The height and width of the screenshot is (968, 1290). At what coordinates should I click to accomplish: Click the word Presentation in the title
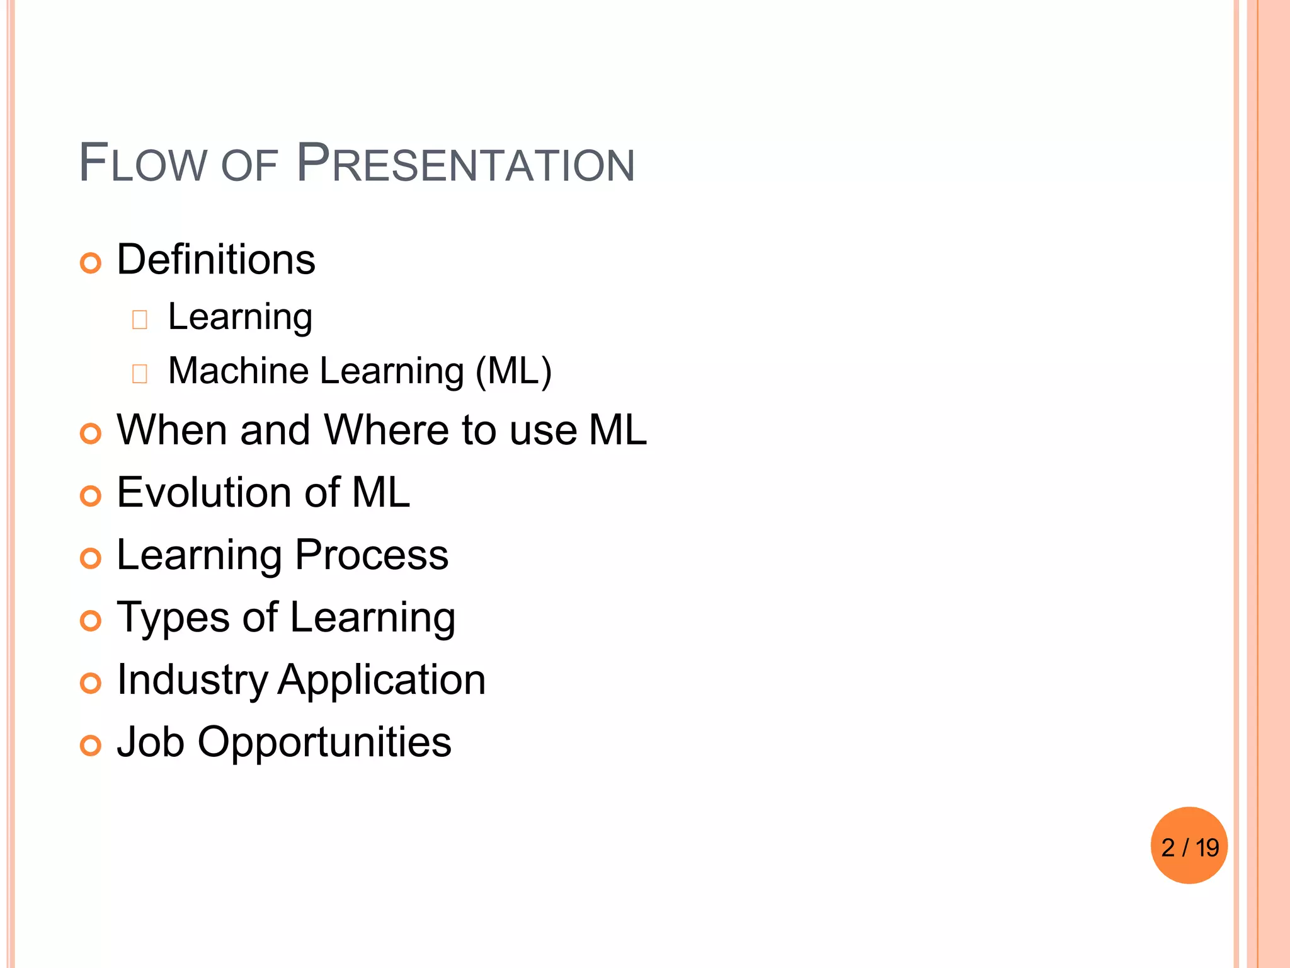pos(465,163)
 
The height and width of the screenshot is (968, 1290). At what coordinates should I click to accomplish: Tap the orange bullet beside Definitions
pos(91,263)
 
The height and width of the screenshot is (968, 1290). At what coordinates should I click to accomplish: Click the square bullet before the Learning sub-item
pos(140,320)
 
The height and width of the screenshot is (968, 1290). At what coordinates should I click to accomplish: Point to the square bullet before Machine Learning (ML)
pos(140,374)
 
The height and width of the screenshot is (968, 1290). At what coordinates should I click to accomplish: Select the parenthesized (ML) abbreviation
pos(513,371)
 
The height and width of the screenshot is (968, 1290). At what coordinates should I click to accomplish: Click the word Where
pos(386,430)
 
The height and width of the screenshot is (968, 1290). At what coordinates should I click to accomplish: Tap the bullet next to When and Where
pos(91,434)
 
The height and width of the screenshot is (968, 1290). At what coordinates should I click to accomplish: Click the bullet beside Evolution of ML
pos(91,496)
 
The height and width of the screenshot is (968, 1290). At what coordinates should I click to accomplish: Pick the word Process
pos(372,555)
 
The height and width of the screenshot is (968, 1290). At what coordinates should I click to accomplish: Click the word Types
pos(173,618)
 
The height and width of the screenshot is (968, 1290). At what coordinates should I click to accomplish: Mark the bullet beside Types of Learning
pos(91,621)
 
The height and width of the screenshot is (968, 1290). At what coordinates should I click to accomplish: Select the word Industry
pos(193,680)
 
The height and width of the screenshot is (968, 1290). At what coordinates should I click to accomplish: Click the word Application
pos(382,680)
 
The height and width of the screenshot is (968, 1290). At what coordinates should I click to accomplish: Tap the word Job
pos(151,742)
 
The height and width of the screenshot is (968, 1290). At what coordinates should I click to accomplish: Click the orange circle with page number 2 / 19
pos(1189,846)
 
